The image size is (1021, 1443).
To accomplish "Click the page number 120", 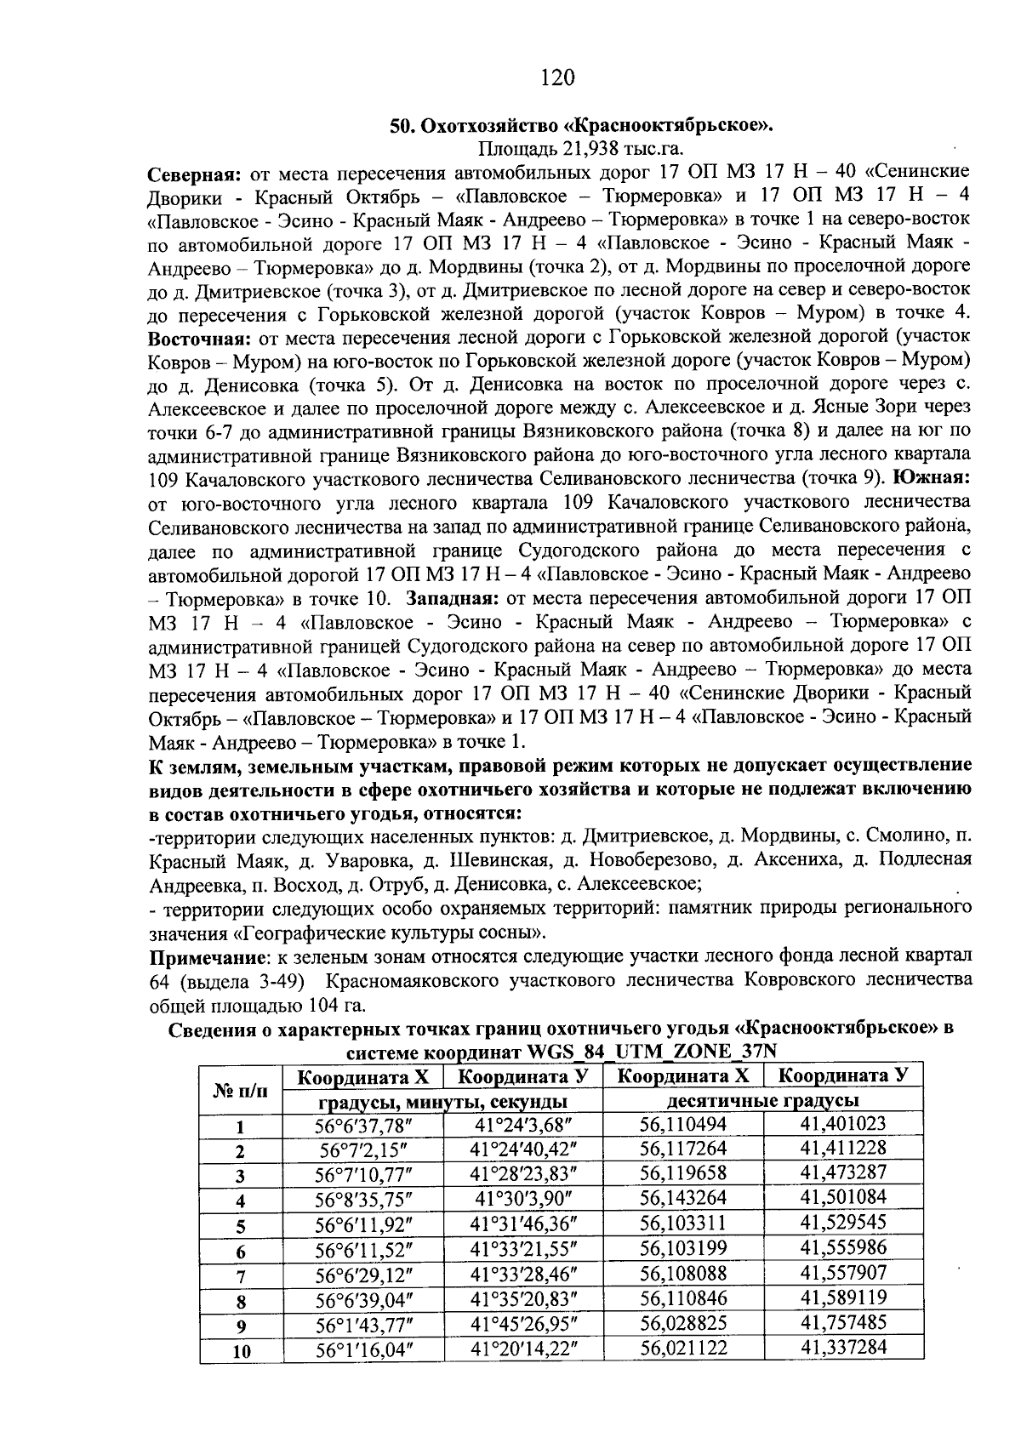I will click(x=557, y=78).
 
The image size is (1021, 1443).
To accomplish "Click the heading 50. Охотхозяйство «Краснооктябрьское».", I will click(x=581, y=126).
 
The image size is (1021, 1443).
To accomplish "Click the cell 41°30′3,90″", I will click(x=522, y=1198).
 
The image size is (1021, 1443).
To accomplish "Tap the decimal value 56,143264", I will click(x=682, y=1198).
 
